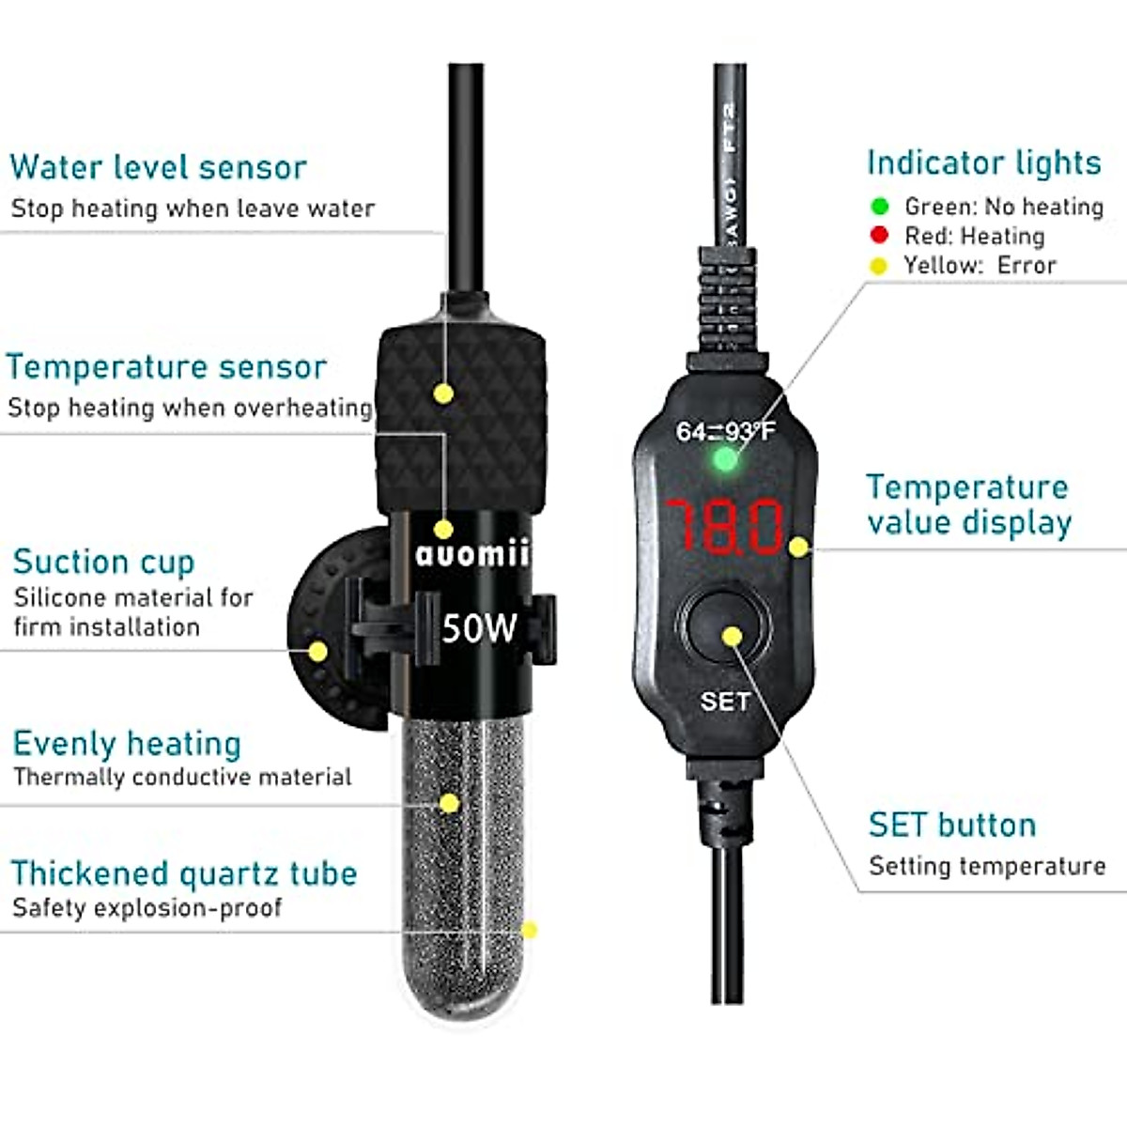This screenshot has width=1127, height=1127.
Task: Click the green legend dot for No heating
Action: (880, 206)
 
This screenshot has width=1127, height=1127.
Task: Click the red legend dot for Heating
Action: (879, 235)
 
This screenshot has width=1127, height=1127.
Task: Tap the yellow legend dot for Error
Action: (878, 266)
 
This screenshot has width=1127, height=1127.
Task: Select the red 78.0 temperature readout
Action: (724, 526)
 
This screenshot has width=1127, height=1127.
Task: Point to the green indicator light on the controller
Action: (724, 459)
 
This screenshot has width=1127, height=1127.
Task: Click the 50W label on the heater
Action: (479, 627)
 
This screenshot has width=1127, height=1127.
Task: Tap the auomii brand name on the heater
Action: (472, 554)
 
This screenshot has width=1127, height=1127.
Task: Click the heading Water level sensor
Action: (158, 167)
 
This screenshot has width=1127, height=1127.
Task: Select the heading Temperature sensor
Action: (166, 366)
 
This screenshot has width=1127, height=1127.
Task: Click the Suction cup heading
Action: (103, 562)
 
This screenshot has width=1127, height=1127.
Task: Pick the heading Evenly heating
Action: (127, 743)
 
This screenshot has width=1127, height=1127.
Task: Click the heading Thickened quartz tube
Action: (184, 872)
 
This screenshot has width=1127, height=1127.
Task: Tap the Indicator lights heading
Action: (983, 162)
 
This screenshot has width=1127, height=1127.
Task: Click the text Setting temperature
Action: (987, 865)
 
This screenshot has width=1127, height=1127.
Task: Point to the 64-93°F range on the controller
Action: (726, 431)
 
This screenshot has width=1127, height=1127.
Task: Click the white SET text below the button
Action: (725, 701)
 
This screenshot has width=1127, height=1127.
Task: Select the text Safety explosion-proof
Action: (147, 907)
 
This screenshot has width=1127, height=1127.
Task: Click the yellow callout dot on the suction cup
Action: (318, 651)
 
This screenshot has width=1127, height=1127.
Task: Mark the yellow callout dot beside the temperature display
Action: (798, 547)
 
